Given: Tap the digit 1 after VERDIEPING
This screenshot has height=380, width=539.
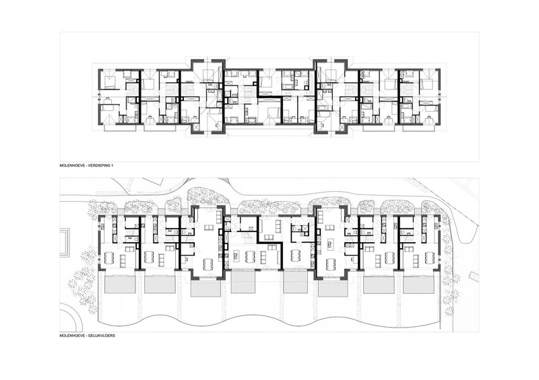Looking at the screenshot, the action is [x=113, y=165].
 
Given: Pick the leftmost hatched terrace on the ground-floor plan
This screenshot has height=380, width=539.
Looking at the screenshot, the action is [x=119, y=284].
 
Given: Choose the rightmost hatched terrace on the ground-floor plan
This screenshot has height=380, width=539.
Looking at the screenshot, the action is [x=418, y=284].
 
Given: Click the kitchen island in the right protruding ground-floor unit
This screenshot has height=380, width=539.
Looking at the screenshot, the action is [x=329, y=245].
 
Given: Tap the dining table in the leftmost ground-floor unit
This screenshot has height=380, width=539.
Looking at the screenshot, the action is [x=108, y=256].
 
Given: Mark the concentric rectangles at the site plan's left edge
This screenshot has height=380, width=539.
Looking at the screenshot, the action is [x=65, y=242].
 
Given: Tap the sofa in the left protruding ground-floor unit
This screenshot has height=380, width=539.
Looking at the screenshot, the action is [x=209, y=227].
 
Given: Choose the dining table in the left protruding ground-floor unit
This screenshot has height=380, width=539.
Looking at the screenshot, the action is [x=209, y=263].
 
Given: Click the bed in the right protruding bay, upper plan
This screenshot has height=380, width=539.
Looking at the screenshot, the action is [x=331, y=75].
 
